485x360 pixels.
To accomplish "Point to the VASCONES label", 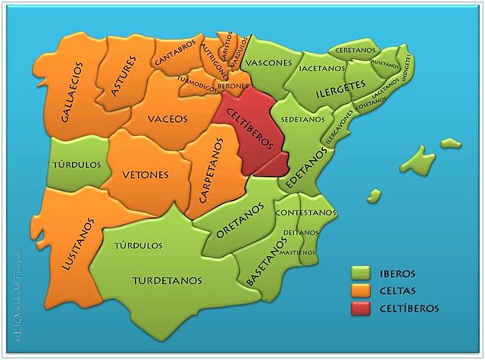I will pyautogui.click(x=270, y=62).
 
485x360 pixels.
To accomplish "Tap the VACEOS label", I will pyautogui.click(x=168, y=118).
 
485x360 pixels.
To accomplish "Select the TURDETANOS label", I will pyautogui.click(x=167, y=280).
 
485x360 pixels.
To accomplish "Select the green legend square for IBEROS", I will pyautogui.click(x=361, y=274).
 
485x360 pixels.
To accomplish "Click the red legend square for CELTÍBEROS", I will pyautogui.click(x=361, y=308).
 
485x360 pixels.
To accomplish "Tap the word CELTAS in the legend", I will pyautogui.click(x=398, y=291).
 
